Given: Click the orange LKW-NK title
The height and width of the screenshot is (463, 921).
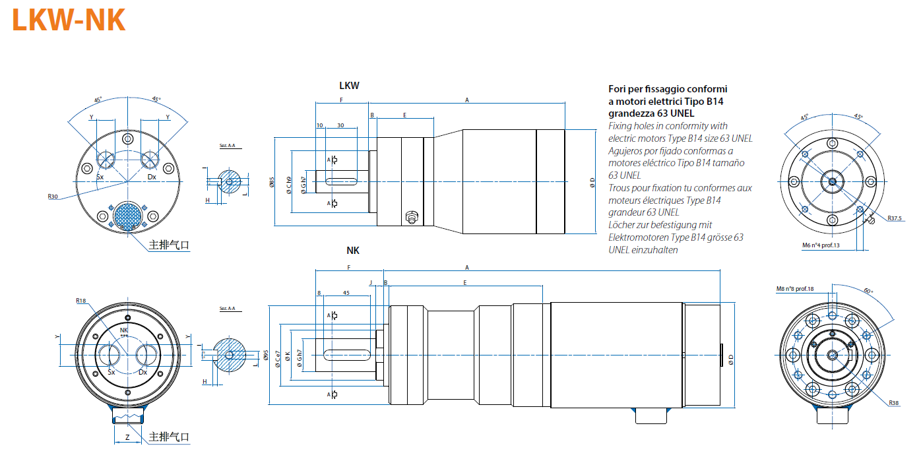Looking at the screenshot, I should [x=69, y=20].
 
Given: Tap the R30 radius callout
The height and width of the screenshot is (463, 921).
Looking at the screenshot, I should [x=53, y=196].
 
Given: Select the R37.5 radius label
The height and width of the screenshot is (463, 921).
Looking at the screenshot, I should [x=894, y=218].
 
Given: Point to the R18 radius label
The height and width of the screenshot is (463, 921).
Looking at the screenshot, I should [x=81, y=301].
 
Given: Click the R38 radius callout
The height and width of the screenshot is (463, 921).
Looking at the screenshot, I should [x=893, y=402].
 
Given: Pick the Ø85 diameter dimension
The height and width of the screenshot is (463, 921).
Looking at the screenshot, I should [x=272, y=181].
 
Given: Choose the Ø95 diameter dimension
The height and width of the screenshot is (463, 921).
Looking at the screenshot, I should [x=266, y=356].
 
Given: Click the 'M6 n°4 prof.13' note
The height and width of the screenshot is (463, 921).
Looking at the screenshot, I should [x=820, y=245].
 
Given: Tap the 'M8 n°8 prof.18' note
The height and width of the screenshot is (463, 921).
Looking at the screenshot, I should [x=795, y=289].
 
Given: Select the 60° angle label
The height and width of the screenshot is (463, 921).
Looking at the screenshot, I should [x=868, y=292].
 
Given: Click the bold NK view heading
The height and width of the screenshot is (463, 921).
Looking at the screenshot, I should [x=353, y=251].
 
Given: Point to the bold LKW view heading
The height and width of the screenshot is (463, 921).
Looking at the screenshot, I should [x=349, y=86].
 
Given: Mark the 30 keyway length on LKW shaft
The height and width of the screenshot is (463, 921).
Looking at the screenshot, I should [x=341, y=125].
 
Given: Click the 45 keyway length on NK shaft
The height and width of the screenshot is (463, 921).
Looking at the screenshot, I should [x=346, y=292].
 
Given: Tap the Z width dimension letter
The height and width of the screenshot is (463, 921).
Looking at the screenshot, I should [x=127, y=437].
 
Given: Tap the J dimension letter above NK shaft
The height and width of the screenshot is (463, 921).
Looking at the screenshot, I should [x=371, y=282].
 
